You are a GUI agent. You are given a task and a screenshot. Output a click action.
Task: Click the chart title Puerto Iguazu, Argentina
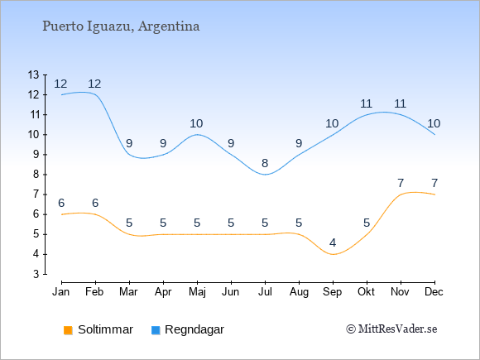(x=121, y=26)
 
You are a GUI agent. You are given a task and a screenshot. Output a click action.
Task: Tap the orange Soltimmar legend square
(x=68, y=330)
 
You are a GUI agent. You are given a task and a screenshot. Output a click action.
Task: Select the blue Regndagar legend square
(x=156, y=330)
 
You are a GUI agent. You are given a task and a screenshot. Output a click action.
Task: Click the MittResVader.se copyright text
(x=391, y=329)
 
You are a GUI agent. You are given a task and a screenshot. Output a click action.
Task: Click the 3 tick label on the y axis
(x=36, y=274)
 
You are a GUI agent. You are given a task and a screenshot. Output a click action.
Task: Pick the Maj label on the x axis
(x=197, y=292)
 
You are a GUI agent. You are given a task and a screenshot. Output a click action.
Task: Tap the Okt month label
(x=366, y=292)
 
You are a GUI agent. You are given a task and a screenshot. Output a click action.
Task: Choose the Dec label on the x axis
(x=434, y=292)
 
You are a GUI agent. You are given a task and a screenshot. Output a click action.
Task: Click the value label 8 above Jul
(x=265, y=163)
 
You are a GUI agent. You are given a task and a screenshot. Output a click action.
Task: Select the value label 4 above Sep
(x=333, y=242)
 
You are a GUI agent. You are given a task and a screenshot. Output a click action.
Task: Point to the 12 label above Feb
(x=94, y=84)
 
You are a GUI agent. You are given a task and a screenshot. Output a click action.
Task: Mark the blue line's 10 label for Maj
(x=196, y=123)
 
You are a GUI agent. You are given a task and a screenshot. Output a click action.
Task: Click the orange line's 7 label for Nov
(x=401, y=183)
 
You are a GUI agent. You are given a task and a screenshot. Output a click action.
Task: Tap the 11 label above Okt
(x=366, y=103)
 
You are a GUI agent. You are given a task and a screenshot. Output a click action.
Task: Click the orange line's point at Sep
(x=333, y=254)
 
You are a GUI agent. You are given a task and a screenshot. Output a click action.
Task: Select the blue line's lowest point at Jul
(x=265, y=175)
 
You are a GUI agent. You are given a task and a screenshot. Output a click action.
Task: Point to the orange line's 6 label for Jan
(x=61, y=203)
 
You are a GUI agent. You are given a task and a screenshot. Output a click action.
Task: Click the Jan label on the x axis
(x=61, y=292)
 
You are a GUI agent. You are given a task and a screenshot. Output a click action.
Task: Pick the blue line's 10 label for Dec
(x=434, y=123)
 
